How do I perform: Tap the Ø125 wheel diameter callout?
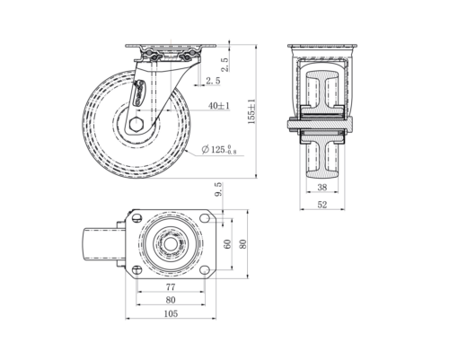coord(219,149)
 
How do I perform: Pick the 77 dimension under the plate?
coord(170,288)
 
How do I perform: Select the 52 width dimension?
coord(321,205)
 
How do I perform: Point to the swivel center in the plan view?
coord(170,243)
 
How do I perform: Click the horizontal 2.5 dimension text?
coord(213,82)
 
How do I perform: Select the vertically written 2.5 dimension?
coord(224,65)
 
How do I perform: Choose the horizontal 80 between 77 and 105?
coord(170,301)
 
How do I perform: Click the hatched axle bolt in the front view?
coord(321,126)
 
